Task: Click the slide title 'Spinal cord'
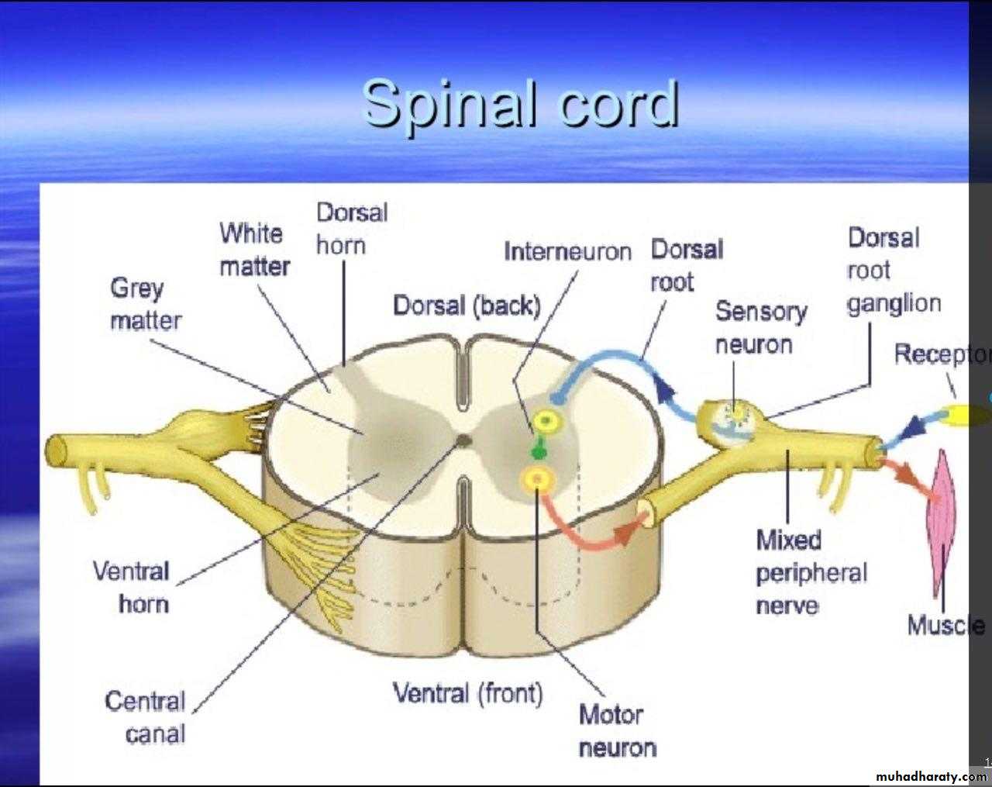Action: coord(521,103)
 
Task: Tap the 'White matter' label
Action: coord(254,250)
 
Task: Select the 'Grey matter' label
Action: coord(145,304)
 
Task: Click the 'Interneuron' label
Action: coord(567,252)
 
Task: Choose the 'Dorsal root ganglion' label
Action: coord(893,270)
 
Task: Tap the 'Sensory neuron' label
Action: coord(761,327)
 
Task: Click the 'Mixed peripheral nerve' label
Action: coord(811,572)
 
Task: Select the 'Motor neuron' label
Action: coord(617,730)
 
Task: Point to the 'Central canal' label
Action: coord(146,717)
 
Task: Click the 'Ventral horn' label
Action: coord(132,587)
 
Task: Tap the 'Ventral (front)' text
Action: coord(468,692)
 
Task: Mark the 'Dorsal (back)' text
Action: coord(467,305)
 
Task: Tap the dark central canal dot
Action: coord(463,440)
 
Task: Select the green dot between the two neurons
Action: coord(536,450)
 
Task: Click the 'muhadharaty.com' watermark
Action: coord(930,776)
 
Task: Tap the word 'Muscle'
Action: coord(946,625)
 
